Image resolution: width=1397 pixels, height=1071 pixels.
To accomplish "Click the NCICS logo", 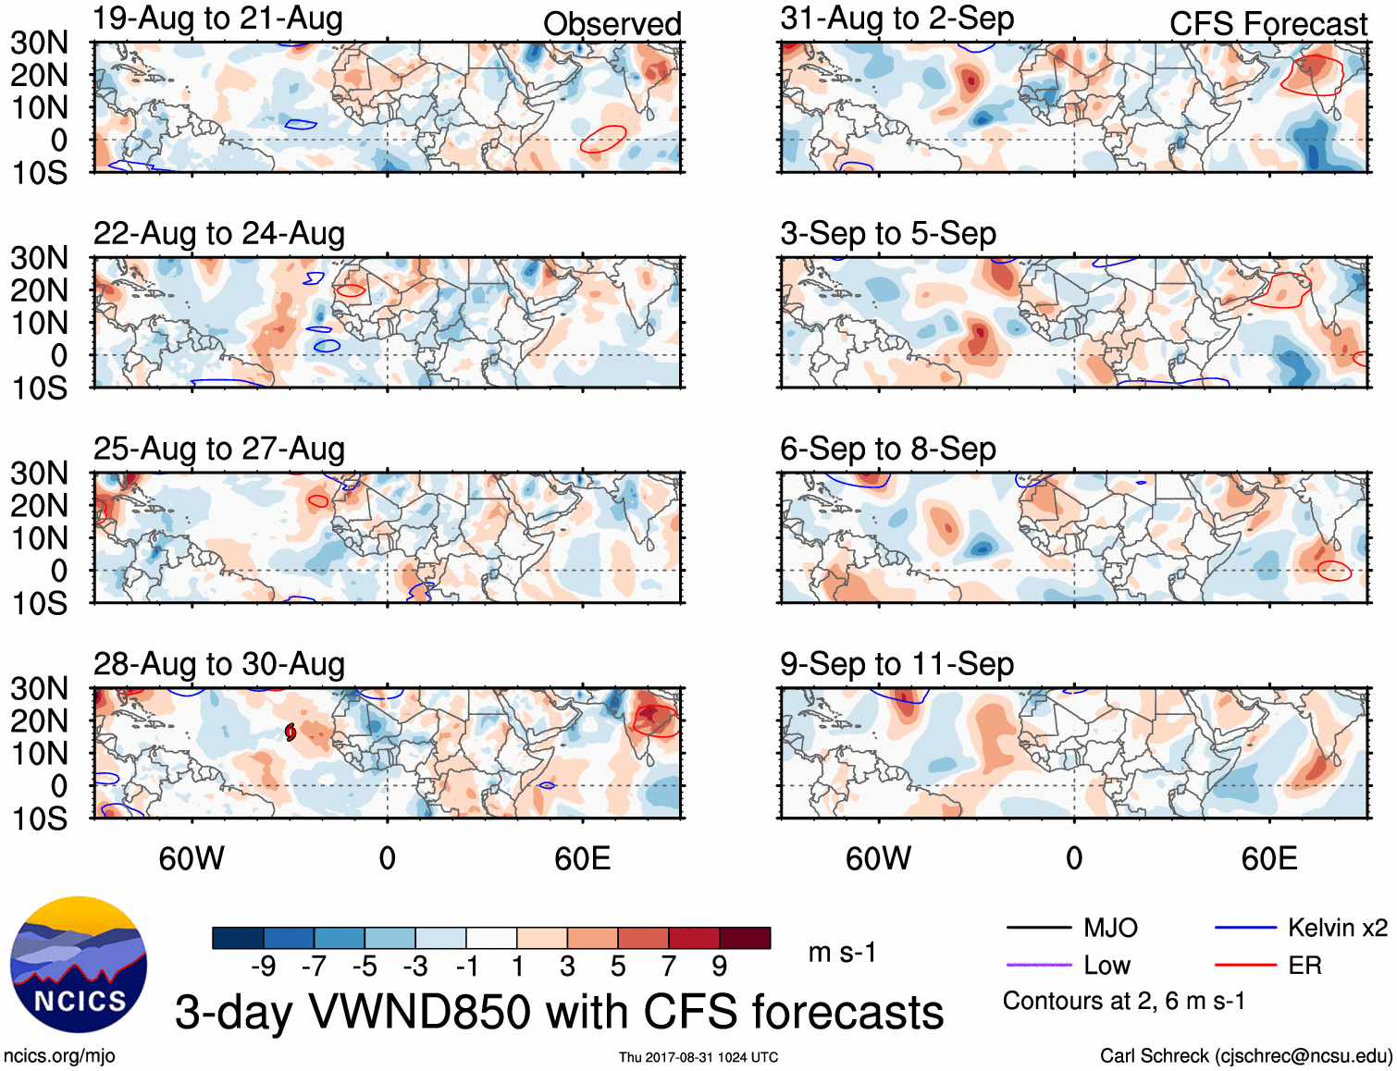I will [x=79, y=965].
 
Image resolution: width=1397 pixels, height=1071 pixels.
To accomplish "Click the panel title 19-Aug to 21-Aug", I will [x=217, y=18].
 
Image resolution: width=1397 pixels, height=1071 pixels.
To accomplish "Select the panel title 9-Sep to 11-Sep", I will [x=896, y=664].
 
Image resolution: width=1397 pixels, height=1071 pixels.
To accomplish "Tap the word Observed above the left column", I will [x=612, y=24].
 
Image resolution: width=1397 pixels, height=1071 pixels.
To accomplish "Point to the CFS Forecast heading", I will [x=1267, y=24].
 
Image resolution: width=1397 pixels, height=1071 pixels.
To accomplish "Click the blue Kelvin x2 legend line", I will [x=1245, y=928].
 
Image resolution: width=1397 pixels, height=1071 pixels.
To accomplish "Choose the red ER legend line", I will [x=1245, y=966].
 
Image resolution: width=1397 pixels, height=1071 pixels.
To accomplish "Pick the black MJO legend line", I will [x=1038, y=928].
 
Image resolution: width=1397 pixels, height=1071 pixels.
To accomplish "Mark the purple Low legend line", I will [x=1038, y=966].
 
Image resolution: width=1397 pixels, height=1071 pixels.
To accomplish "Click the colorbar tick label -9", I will [x=263, y=966].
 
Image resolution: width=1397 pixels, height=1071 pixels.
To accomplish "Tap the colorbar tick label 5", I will [x=618, y=966].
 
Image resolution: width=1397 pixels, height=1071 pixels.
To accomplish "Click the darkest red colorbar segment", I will [x=745, y=938].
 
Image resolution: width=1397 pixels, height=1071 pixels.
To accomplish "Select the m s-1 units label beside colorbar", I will [x=842, y=953].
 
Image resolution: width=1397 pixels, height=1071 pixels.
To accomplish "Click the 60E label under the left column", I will [x=582, y=858].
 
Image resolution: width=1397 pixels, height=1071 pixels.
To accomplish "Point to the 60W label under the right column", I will [x=878, y=858].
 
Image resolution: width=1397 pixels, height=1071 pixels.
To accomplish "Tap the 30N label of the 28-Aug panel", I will [x=40, y=688].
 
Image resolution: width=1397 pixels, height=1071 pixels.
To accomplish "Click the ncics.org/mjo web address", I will [x=59, y=1056].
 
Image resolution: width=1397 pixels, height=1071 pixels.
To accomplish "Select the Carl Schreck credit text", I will [x=1245, y=1056].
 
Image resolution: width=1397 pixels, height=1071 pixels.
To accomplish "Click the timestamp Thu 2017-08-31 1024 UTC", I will [x=698, y=1057].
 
